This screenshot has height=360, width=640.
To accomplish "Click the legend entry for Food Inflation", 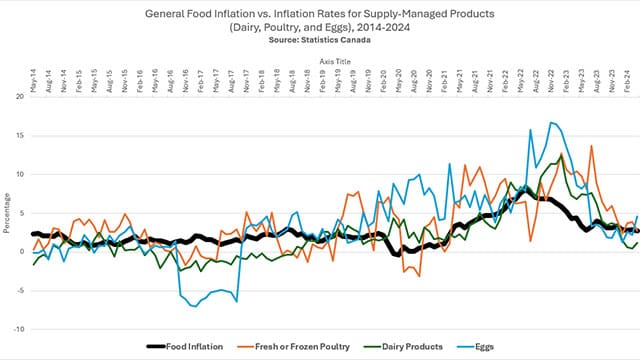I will click(190, 347).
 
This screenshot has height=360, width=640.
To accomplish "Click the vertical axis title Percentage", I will click(7, 213).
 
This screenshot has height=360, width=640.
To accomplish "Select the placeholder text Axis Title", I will click(334, 61).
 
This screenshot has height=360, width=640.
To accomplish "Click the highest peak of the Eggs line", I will click(550, 122).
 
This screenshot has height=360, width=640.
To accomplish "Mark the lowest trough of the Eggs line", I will click(193, 306).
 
